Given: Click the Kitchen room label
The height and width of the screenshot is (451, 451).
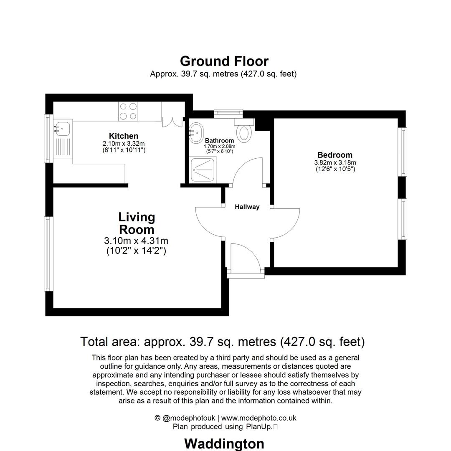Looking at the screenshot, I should (123, 136).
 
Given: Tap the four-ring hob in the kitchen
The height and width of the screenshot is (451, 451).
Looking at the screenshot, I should (128, 111).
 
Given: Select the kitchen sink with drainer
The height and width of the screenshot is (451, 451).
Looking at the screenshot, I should (63, 140).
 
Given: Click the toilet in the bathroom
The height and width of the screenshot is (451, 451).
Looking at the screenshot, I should (244, 132).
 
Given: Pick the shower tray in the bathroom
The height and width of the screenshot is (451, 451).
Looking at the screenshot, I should (202, 169).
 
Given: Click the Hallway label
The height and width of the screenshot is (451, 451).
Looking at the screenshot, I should (247, 207).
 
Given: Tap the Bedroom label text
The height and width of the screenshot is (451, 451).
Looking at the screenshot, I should (334, 155).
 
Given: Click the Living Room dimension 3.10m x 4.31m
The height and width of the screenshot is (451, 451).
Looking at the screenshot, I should (136, 241).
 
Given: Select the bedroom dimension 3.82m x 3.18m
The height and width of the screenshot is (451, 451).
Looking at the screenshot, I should (335, 163).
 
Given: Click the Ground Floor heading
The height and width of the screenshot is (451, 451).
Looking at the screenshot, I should (224, 61).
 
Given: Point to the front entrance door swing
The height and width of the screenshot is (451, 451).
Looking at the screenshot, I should (246, 257).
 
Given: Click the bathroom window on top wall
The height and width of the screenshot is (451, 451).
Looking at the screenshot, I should (228, 111).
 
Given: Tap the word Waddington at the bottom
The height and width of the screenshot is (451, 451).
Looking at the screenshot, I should (224, 443).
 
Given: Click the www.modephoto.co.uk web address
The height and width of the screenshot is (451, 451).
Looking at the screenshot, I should (258, 418).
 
